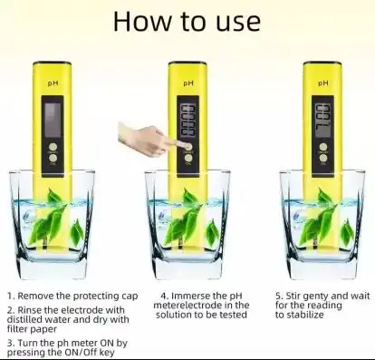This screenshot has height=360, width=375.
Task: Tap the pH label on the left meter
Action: tap(53, 83)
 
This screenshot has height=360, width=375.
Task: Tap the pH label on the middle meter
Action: tap(188, 83)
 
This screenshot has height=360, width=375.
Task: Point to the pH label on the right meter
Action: tap(323, 83)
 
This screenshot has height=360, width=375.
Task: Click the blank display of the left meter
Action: tap(53, 120)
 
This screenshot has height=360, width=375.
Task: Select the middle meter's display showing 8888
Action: tap(187, 120)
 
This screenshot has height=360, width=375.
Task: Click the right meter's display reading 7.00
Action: tap(322, 120)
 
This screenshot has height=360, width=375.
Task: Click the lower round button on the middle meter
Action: tap(188, 158)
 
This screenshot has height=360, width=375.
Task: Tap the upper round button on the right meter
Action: tap(323, 147)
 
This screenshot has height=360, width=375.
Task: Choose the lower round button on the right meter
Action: tap(323, 158)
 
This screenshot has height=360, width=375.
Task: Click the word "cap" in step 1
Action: tap(130, 297)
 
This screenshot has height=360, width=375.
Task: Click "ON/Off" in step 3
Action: tap(81, 353)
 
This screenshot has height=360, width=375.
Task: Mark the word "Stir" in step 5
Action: tap(293, 296)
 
